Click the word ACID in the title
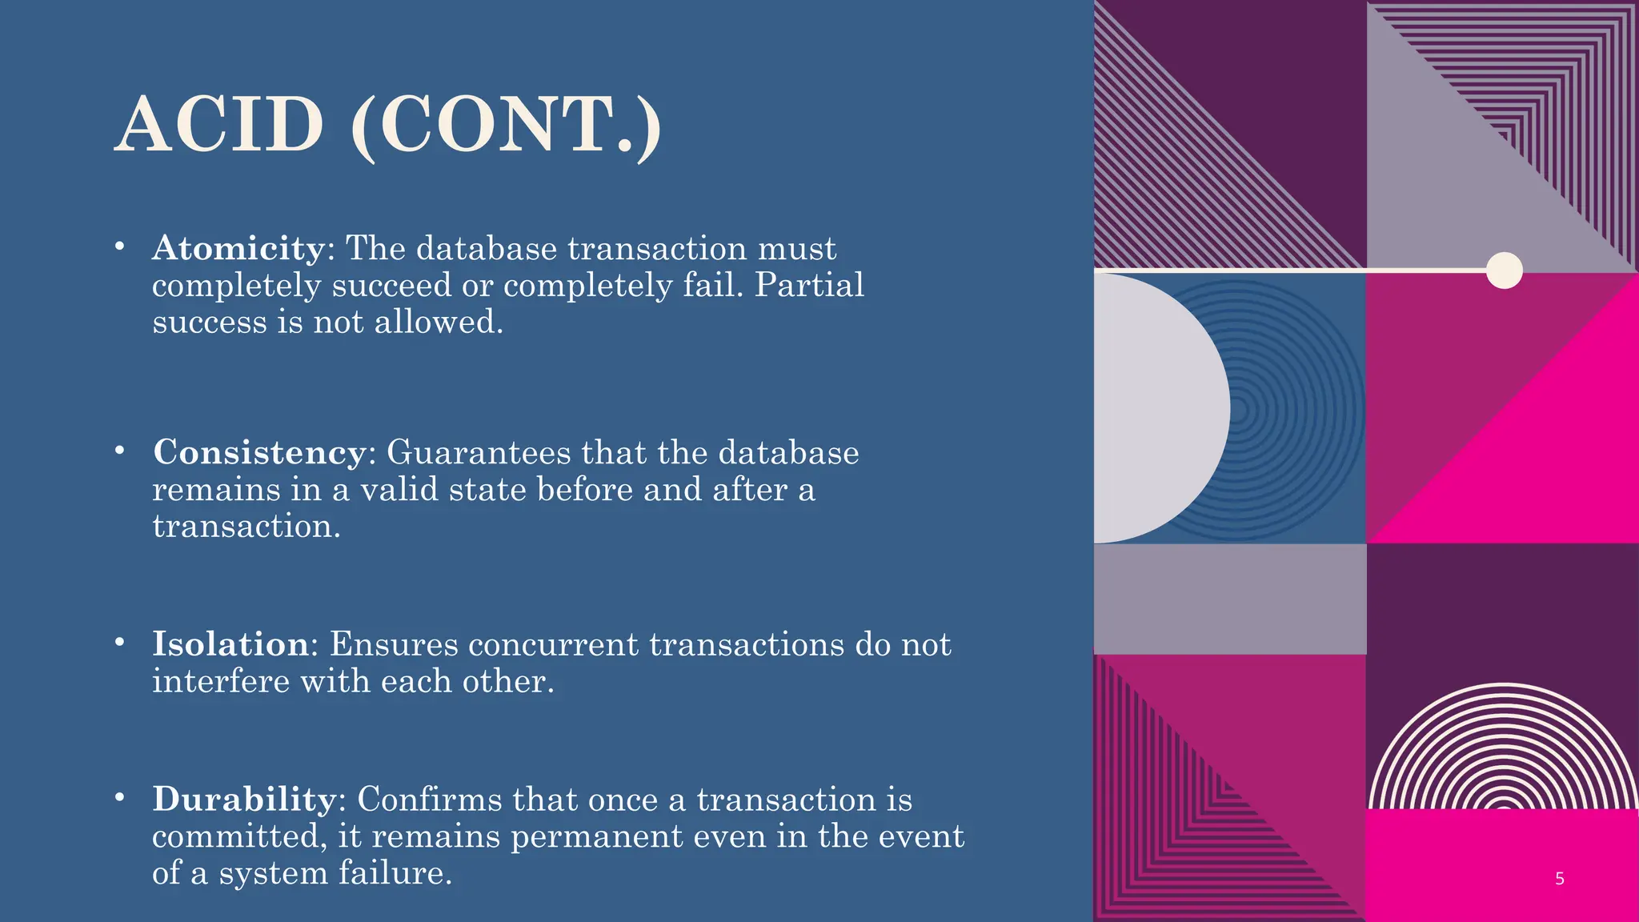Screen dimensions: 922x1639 point(220,125)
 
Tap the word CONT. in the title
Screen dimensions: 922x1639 point(506,125)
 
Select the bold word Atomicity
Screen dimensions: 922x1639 point(238,248)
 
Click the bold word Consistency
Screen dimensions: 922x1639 point(260,452)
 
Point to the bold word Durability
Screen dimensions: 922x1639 point(245,799)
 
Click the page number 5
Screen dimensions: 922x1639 point(1559,879)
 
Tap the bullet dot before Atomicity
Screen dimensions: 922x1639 point(119,247)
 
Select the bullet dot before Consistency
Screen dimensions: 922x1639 point(119,451)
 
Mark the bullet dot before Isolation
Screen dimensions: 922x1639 point(119,642)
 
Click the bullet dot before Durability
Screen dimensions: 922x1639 point(119,797)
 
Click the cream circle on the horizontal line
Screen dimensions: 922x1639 point(1504,271)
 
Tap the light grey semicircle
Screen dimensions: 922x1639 point(1156,408)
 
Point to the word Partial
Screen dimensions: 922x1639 point(809,286)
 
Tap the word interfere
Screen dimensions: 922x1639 point(221,682)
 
